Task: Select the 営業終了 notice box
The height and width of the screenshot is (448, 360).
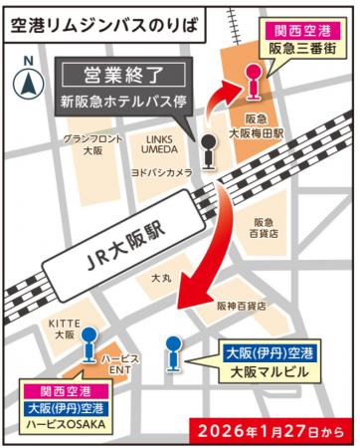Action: [123, 75]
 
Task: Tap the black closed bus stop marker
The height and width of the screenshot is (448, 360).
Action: [207, 149]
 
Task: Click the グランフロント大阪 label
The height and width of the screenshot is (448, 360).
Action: [92, 143]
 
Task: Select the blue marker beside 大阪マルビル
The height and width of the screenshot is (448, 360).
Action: [174, 348]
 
